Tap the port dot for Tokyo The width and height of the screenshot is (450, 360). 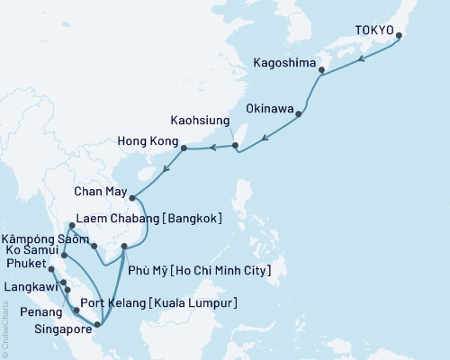click(399, 37)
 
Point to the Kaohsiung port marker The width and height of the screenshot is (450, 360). click(234, 145)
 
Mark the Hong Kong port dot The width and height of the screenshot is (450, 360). click(184, 148)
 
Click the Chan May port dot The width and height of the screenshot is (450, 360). click(131, 198)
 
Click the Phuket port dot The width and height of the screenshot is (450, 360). click(51, 269)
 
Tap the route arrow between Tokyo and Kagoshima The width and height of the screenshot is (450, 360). click(361, 58)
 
